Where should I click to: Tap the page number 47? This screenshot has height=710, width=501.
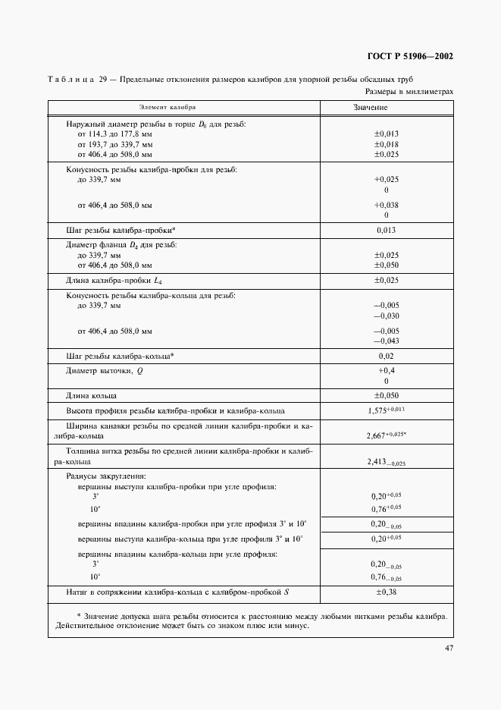coord(447,648)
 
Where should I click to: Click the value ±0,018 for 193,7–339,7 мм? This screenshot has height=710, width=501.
coord(386,143)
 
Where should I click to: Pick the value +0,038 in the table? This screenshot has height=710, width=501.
coord(386,205)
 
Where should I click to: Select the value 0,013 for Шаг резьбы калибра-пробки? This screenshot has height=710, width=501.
coord(387,230)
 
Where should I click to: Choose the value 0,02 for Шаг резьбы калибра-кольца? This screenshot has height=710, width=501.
coord(387,356)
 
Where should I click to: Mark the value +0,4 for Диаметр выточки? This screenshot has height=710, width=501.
coord(387,370)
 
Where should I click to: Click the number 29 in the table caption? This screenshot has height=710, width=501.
coord(102,80)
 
